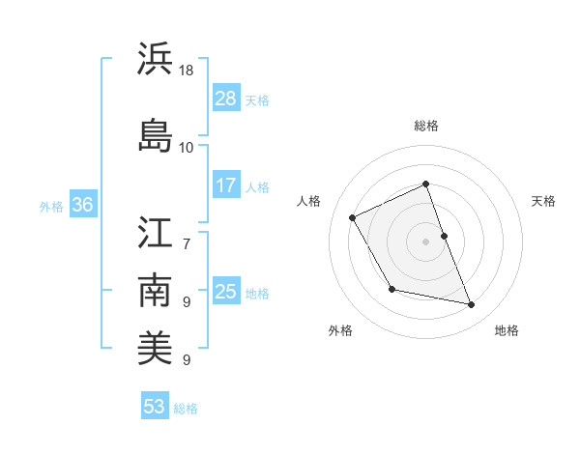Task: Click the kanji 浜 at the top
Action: tap(155, 60)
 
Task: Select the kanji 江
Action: tap(155, 234)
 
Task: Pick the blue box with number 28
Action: tap(226, 98)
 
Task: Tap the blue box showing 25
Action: tap(226, 291)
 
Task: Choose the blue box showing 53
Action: tap(155, 406)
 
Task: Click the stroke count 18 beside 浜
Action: tap(187, 71)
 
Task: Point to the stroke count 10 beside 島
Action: tap(187, 147)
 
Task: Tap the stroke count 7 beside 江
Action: tap(187, 234)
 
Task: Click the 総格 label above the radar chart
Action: tap(426, 126)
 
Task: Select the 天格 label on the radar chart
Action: tap(543, 201)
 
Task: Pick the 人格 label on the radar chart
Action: tap(309, 201)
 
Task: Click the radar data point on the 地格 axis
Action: tap(472, 305)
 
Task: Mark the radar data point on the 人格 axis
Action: tap(353, 217)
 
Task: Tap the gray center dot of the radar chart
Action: tap(426, 241)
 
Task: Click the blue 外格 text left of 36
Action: tap(51, 206)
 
